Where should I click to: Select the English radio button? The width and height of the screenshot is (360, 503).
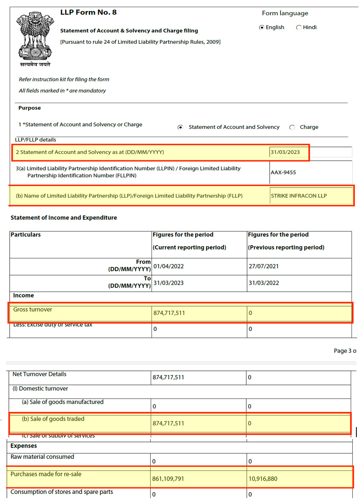pyautogui.click(x=262, y=27)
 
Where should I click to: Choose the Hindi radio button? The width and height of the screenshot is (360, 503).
pyautogui.click(x=299, y=28)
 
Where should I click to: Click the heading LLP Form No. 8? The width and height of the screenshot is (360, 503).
pyautogui.click(x=88, y=12)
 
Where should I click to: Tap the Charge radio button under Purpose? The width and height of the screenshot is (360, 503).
pyautogui.click(x=292, y=127)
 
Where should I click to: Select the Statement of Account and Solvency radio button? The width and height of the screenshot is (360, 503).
pyautogui.click(x=180, y=127)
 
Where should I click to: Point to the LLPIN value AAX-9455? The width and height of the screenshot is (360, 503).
pyautogui.click(x=284, y=173)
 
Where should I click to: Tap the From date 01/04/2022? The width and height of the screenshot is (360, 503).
pyautogui.click(x=168, y=266)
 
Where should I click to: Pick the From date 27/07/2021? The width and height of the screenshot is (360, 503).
pyautogui.click(x=264, y=266)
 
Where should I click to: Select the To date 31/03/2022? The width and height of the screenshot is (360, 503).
pyautogui.click(x=264, y=283)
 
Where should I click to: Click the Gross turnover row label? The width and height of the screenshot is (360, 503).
pyautogui.click(x=33, y=309)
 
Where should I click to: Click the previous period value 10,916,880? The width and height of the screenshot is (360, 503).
pyautogui.click(x=263, y=478)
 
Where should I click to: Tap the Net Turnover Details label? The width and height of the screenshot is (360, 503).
pyautogui.click(x=39, y=374)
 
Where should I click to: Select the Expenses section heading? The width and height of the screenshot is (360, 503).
pyautogui.click(x=24, y=446)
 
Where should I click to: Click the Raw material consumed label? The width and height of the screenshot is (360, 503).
pyautogui.click(x=42, y=457)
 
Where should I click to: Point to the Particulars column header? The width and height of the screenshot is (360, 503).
pyautogui.click(x=25, y=235)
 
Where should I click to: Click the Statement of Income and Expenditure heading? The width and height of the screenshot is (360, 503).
pyautogui.click(x=63, y=218)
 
